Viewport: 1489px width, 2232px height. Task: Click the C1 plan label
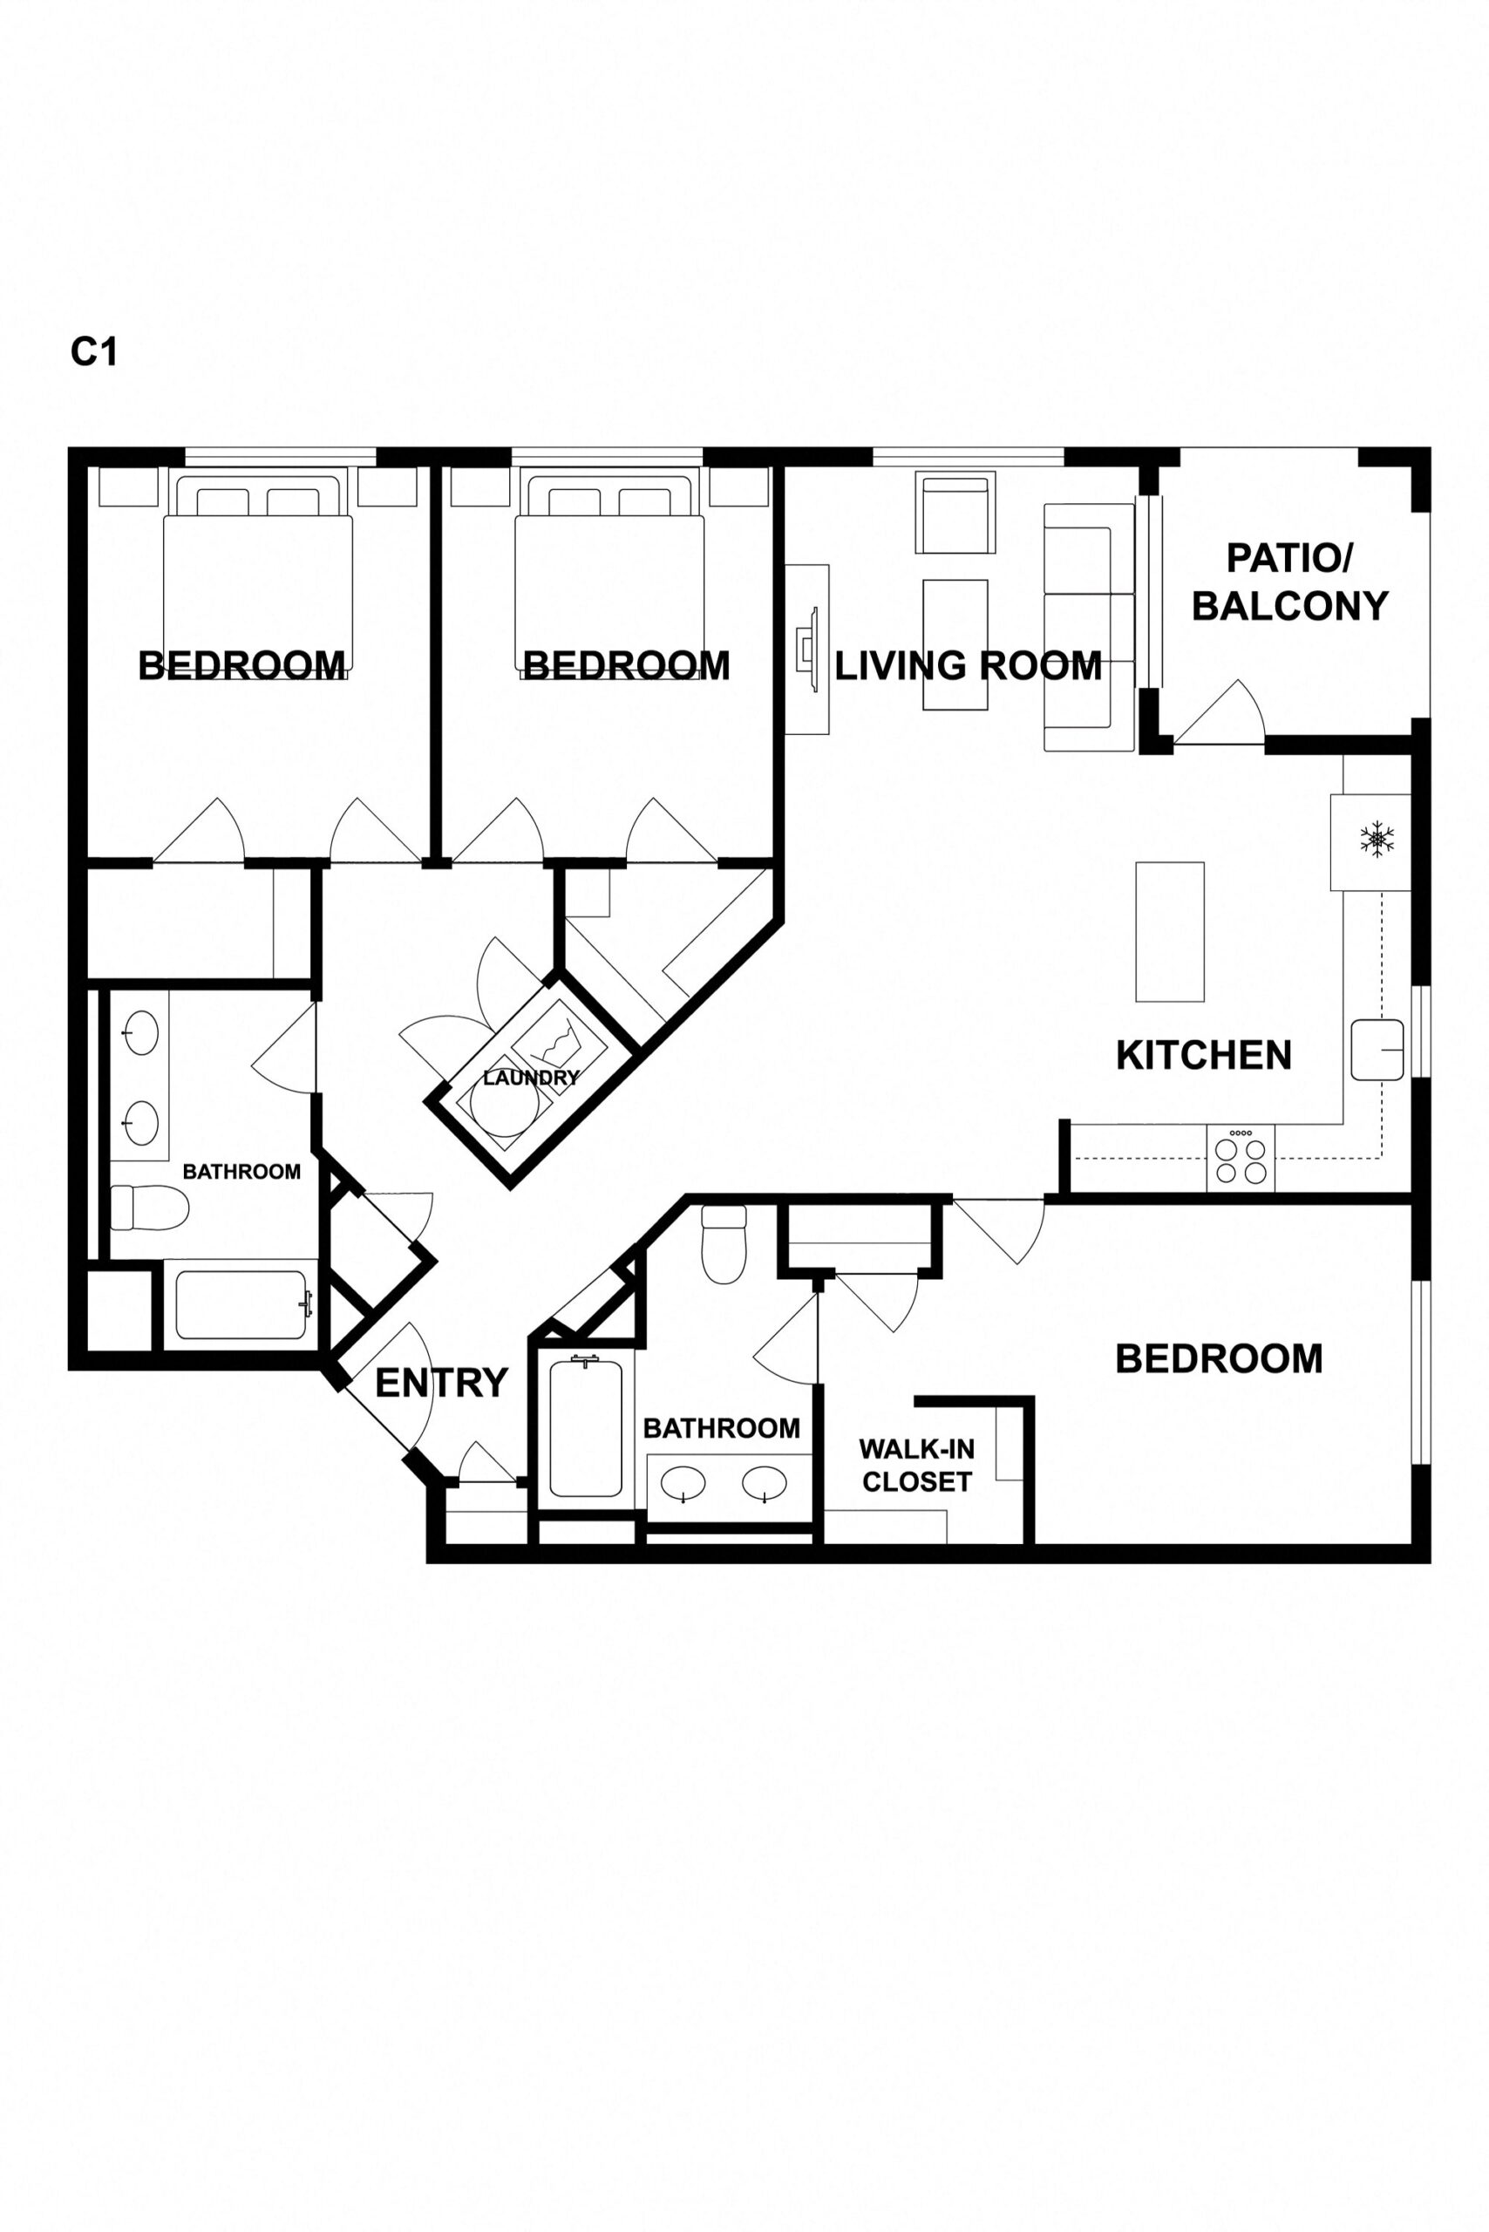coord(93,352)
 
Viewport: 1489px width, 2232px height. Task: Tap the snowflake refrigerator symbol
coord(1376,840)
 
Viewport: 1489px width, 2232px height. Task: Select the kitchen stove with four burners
coord(1241,1158)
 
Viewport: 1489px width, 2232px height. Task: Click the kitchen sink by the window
coord(1377,1050)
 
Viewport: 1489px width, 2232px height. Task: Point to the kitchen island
coord(1170,932)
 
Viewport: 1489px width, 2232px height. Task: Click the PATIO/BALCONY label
coord(1289,582)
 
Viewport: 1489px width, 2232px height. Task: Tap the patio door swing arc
coord(1225,713)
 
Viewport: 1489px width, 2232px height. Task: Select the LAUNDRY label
coord(530,1078)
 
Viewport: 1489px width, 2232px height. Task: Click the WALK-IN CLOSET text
coord(916,1466)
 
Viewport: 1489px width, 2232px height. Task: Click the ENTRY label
coord(442,1383)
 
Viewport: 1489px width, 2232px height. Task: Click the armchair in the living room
coord(955,514)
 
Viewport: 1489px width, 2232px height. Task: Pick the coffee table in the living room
coord(955,645)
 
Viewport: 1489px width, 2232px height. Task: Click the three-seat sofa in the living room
coord(1088,627)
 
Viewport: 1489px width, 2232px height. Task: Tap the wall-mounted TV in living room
coord(807,649)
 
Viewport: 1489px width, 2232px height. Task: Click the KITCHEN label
coord(1203,1055)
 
